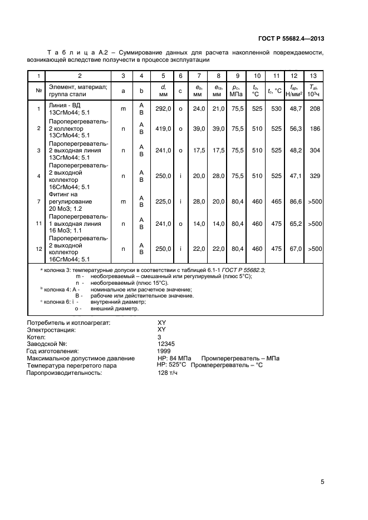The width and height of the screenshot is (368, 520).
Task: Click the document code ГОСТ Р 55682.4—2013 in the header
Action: [x=291, y=38]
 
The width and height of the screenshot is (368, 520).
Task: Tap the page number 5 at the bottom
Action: [x=322, y=482]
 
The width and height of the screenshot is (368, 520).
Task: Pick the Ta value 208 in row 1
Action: [x=315, y=108]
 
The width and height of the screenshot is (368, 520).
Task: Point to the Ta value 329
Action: [x=315, y=176]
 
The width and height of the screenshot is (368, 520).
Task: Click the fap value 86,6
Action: [x=295, y=201]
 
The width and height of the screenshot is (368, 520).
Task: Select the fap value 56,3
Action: [x=295, y=128]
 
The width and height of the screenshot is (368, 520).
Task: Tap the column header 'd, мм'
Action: [x=163, y=90]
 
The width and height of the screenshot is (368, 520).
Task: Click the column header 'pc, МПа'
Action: [x=237, y=90]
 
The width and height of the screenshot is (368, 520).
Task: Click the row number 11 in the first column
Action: [x=38, y=224]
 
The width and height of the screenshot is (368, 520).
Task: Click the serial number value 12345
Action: [x=167, y=344]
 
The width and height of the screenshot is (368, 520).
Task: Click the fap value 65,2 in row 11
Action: [x=295, y=224]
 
